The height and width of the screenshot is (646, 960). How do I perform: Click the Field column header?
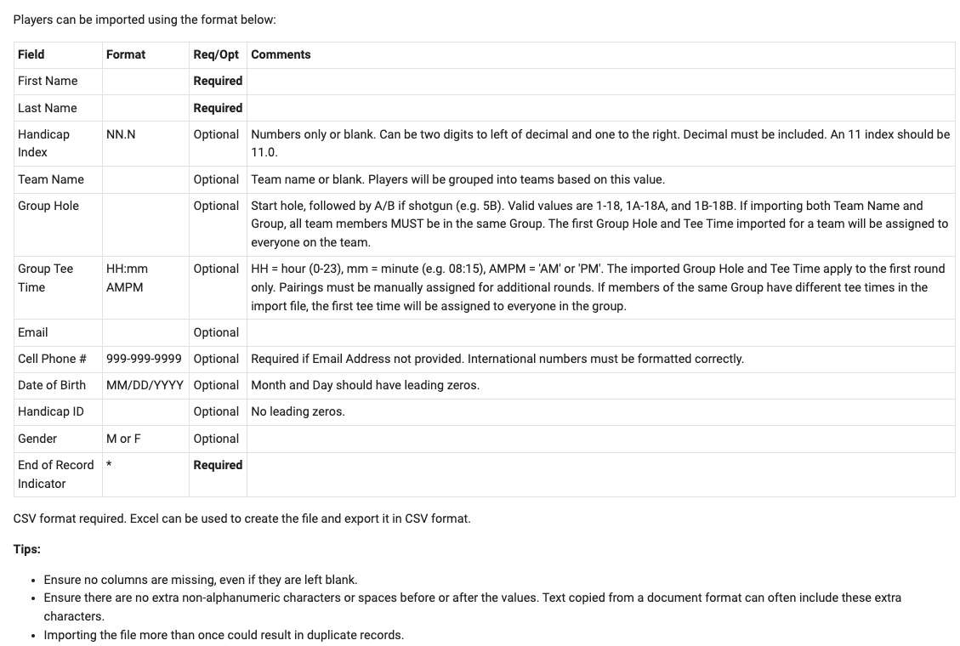(31, 54)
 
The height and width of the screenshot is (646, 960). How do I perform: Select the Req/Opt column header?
(216, 54)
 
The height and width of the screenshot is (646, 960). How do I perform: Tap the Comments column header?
(281, 54)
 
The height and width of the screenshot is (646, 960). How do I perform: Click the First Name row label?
(48, 81)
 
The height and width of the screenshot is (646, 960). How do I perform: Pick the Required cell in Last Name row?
(218, 108)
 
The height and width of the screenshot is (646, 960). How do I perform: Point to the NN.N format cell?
(121, 134)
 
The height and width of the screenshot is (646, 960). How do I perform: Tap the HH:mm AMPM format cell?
(127, 278)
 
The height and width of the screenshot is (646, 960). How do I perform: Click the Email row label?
(32, 332)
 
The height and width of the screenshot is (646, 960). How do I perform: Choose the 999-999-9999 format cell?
(144, 359)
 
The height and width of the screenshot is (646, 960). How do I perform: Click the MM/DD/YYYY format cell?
(145, 385)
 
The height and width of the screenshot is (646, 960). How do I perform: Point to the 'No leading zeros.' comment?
(298, 411)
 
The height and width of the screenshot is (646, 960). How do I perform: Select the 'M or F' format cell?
(123, 439)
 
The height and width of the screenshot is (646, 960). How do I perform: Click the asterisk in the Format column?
(109, 465)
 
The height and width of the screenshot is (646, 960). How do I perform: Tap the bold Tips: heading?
(27, 549)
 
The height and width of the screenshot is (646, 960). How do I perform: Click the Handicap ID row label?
(51, 411)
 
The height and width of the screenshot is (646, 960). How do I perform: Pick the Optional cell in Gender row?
(216, 439)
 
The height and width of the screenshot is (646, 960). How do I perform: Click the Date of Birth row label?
(52, 385)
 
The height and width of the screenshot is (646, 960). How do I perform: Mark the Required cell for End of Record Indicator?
(218, 465)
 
